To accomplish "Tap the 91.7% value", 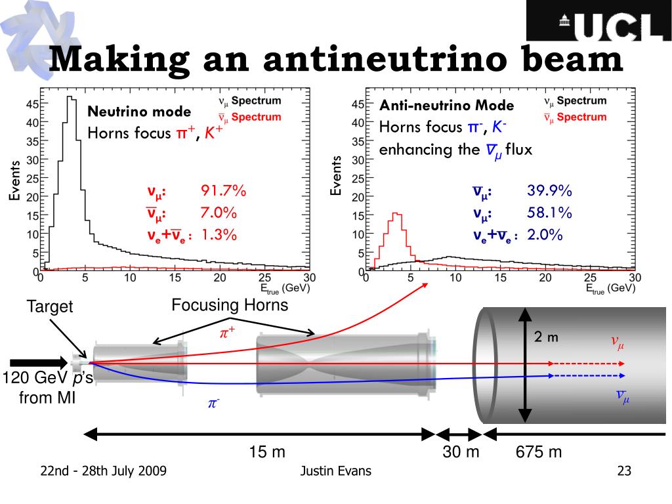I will [x=223, y=191].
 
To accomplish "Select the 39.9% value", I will [x=549, y=191].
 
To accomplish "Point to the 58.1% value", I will [x=549, y=213].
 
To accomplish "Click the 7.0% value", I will [x=219, y=213].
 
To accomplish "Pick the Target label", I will [x=50, y=306].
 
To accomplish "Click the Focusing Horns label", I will [x=230, y=305].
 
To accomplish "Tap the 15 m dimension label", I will [x=266, y=452].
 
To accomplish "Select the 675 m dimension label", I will [x=539, y=452].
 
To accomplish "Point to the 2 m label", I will [x=545, y=338].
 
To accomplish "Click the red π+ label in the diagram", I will [x=227, y=333].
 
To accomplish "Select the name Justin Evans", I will [x=335, y=471].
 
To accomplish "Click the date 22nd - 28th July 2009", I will [x=103, y=471].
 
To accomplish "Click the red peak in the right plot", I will [x=396, y=215].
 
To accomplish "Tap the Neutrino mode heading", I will [x=139, y=112].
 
